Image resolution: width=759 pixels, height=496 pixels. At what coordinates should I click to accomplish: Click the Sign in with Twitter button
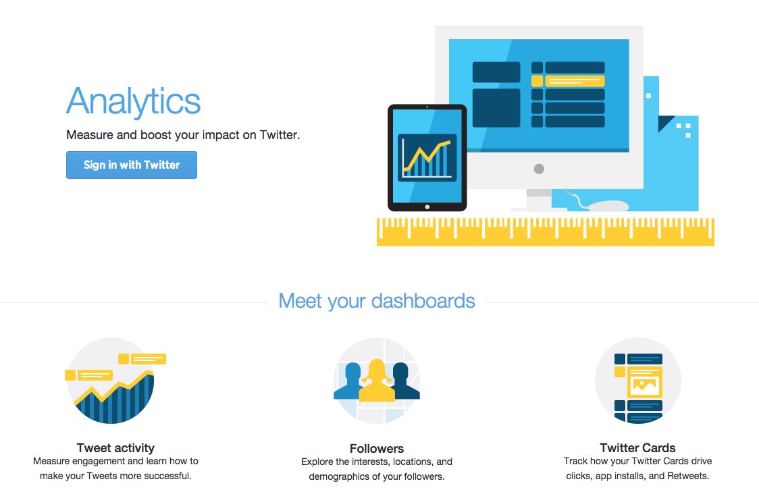(132, 165)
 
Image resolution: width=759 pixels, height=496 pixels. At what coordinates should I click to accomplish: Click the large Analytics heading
(133, 101)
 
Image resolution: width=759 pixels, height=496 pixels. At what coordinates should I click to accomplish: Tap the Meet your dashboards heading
(377, 301)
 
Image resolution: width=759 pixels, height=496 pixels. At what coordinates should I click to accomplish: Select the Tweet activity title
(115, 447)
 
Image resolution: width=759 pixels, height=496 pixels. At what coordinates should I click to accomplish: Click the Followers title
(377, 449)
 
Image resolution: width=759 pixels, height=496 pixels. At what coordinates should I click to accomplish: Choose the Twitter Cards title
(637, 447)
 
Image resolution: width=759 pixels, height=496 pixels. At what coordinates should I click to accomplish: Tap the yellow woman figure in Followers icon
(377, 381)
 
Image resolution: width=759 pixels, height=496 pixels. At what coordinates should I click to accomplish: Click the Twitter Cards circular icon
(638, 381)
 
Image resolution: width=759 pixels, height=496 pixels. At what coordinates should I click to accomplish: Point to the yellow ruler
(546, 232)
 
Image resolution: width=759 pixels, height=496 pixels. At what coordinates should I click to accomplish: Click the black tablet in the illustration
(427, 158)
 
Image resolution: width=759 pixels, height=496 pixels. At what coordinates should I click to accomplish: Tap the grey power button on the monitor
(539, 169)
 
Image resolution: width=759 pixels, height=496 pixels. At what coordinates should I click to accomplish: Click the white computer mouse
(608, 206)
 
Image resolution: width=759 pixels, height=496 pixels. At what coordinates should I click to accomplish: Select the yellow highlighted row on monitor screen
(569, 81)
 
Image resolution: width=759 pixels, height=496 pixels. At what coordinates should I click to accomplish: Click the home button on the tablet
(427, 206)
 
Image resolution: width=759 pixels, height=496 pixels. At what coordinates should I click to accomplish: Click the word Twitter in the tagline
(280, 135)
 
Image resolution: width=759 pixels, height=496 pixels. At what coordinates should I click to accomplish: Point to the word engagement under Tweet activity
(99, 462)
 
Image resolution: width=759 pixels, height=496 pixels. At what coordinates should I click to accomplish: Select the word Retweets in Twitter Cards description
(688, 476)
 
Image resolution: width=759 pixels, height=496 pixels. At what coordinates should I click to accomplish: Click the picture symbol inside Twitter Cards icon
(644, 386)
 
